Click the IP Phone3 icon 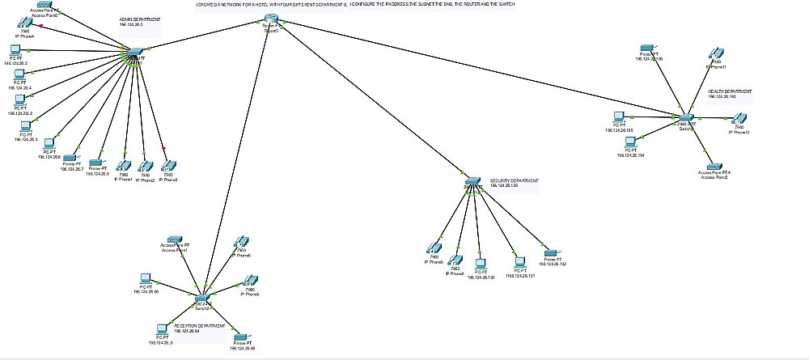point(167,165)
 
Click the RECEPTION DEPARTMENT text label point(199,325)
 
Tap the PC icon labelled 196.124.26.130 point(480,264)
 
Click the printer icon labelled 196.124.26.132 point(551,253)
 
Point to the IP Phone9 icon point(434,248)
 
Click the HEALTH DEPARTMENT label point(730,91)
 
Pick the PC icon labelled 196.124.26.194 point(630,142)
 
